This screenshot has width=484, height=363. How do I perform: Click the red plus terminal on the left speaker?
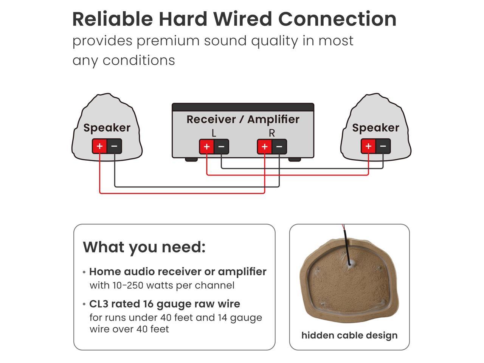click(99, 146)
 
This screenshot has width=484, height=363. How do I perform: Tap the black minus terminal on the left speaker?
click(114, 146)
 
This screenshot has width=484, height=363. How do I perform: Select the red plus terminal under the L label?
click(206, 147)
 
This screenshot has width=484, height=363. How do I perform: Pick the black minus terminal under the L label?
click(222, 147)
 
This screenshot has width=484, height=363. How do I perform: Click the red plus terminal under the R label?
click(264, 147)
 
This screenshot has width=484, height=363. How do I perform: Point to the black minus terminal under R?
click(279, 147)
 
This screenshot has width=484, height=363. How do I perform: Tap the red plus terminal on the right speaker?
click(368, 146)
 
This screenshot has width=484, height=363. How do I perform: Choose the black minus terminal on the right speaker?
click(383, 146)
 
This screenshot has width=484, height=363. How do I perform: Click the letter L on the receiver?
click(214, 133)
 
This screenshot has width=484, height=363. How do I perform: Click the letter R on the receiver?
click(271, 133)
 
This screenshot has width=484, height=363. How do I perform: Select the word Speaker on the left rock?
click(107, 128)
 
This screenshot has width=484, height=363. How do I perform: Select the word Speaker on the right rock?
click(375, 128)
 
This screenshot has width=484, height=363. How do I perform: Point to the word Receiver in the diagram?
click(211, 119)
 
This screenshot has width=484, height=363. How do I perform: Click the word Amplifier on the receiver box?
click(273, 119)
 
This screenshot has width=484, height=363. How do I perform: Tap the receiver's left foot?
click(191, 160)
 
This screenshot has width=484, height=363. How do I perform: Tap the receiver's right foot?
click(295, 160)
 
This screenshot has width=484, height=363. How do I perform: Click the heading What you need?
click(144, 247)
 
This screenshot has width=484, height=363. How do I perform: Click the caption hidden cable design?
click(349, 335)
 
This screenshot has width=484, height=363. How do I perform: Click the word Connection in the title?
click(337, 19)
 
